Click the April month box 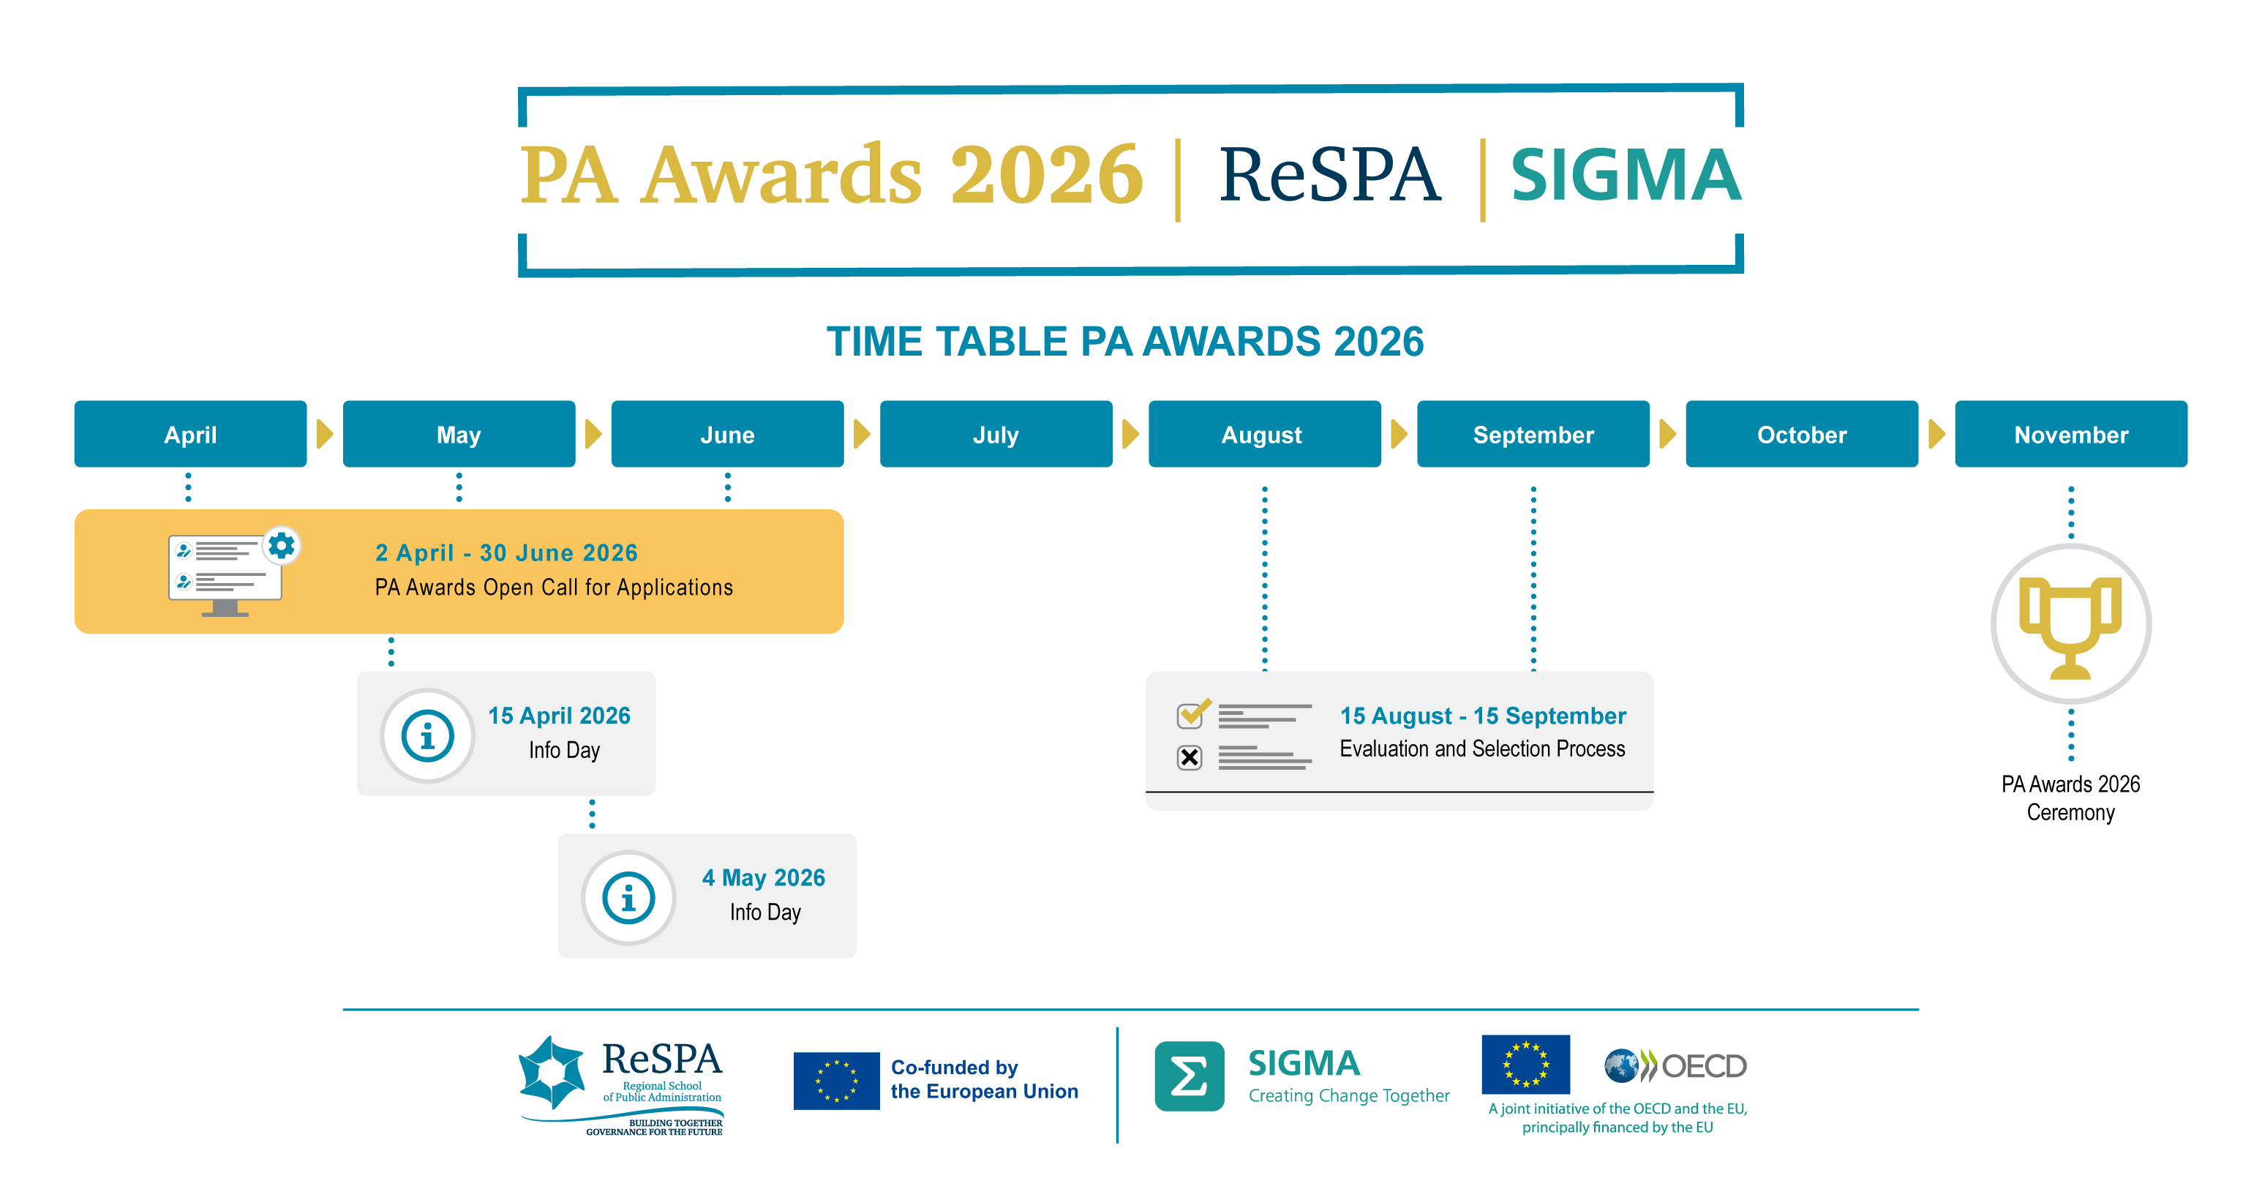[190, 434]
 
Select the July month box [996, 434]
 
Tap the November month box [2070, 434]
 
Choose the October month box [1801, 434]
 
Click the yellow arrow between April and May [324, 434]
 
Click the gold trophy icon [2070, 625]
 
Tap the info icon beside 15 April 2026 [428, 736]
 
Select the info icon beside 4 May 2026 [628, 898]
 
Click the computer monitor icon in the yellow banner [225, 575]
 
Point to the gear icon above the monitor [281, 547]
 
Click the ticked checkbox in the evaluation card [1192, 714]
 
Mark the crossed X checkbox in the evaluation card [1189, 757]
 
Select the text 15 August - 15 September [1482, 716]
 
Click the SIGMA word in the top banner [1626, 175]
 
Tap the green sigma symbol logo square [1189, 1076]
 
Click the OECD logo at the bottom [1675, 1065]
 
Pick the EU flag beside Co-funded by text [836, 1081]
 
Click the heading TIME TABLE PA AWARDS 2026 [1125, 342]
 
